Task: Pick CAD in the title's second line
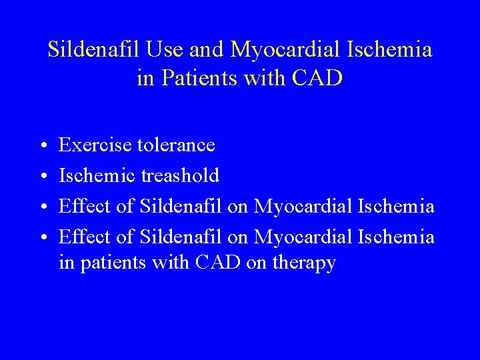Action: (318, 79)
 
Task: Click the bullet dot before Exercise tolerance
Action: (42, 145)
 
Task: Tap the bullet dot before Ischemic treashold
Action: (42, 176)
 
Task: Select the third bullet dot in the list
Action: (42, 207)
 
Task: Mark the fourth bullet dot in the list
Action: (42, 237)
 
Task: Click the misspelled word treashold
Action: (180, 175)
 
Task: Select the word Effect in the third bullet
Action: (85, 207)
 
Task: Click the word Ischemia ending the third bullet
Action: (396, 207)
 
